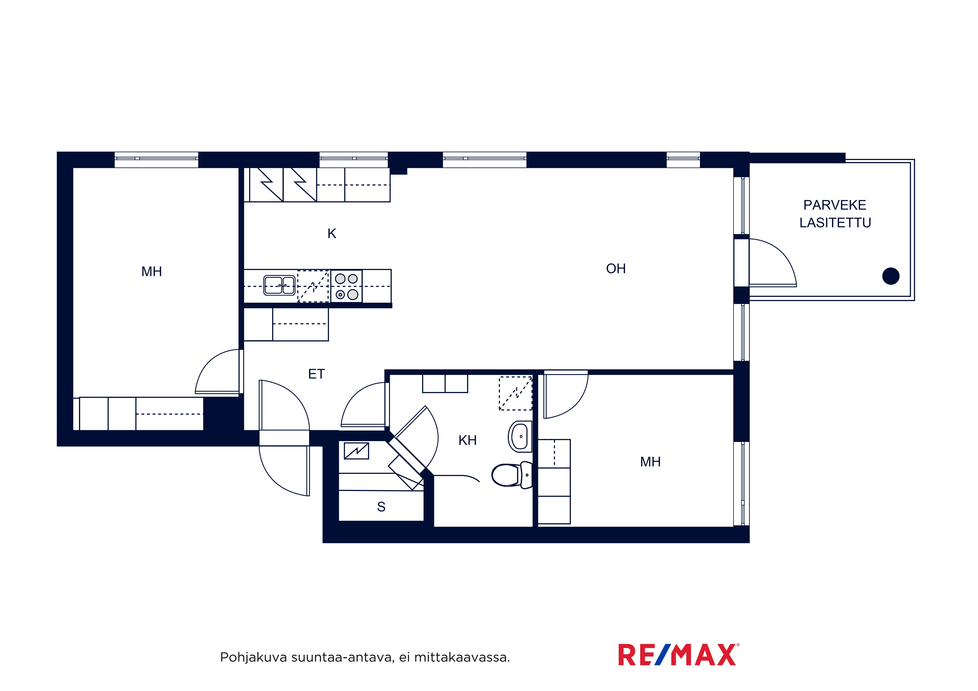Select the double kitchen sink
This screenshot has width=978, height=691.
pyautogui.click(x=279, y=285)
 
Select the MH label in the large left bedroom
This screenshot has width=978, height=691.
pyautogui.click(x=152, y=272)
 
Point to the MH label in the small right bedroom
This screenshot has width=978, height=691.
pyautogui.click(x=650, y=462)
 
